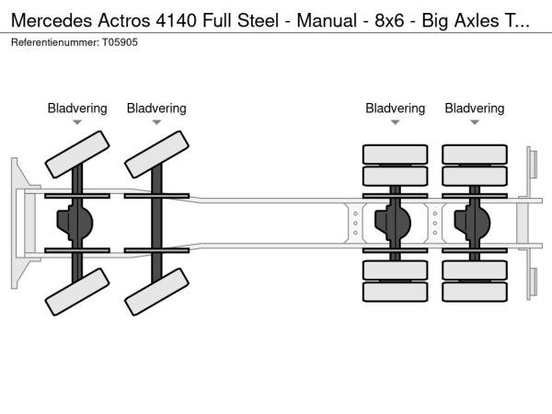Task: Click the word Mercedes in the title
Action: (x=46, y=20)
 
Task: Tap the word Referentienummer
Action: (x=52, y=43)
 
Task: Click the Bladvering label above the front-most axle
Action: (x=77, y=109)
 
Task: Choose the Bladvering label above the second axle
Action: (x=156, y=109)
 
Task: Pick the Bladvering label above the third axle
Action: (x=396, y=109)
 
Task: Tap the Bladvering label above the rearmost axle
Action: (x=475, y=109)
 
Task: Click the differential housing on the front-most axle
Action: (x=77, y=223)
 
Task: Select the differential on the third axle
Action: (x=396, y=223)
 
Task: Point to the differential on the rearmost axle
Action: (x=475, y=223)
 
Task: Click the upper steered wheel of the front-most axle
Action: (x=76, y=154)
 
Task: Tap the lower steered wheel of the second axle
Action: (x=155, y=292)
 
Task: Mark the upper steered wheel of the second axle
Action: (x=155, y=154)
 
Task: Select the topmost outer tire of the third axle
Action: (x=396, y=154)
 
